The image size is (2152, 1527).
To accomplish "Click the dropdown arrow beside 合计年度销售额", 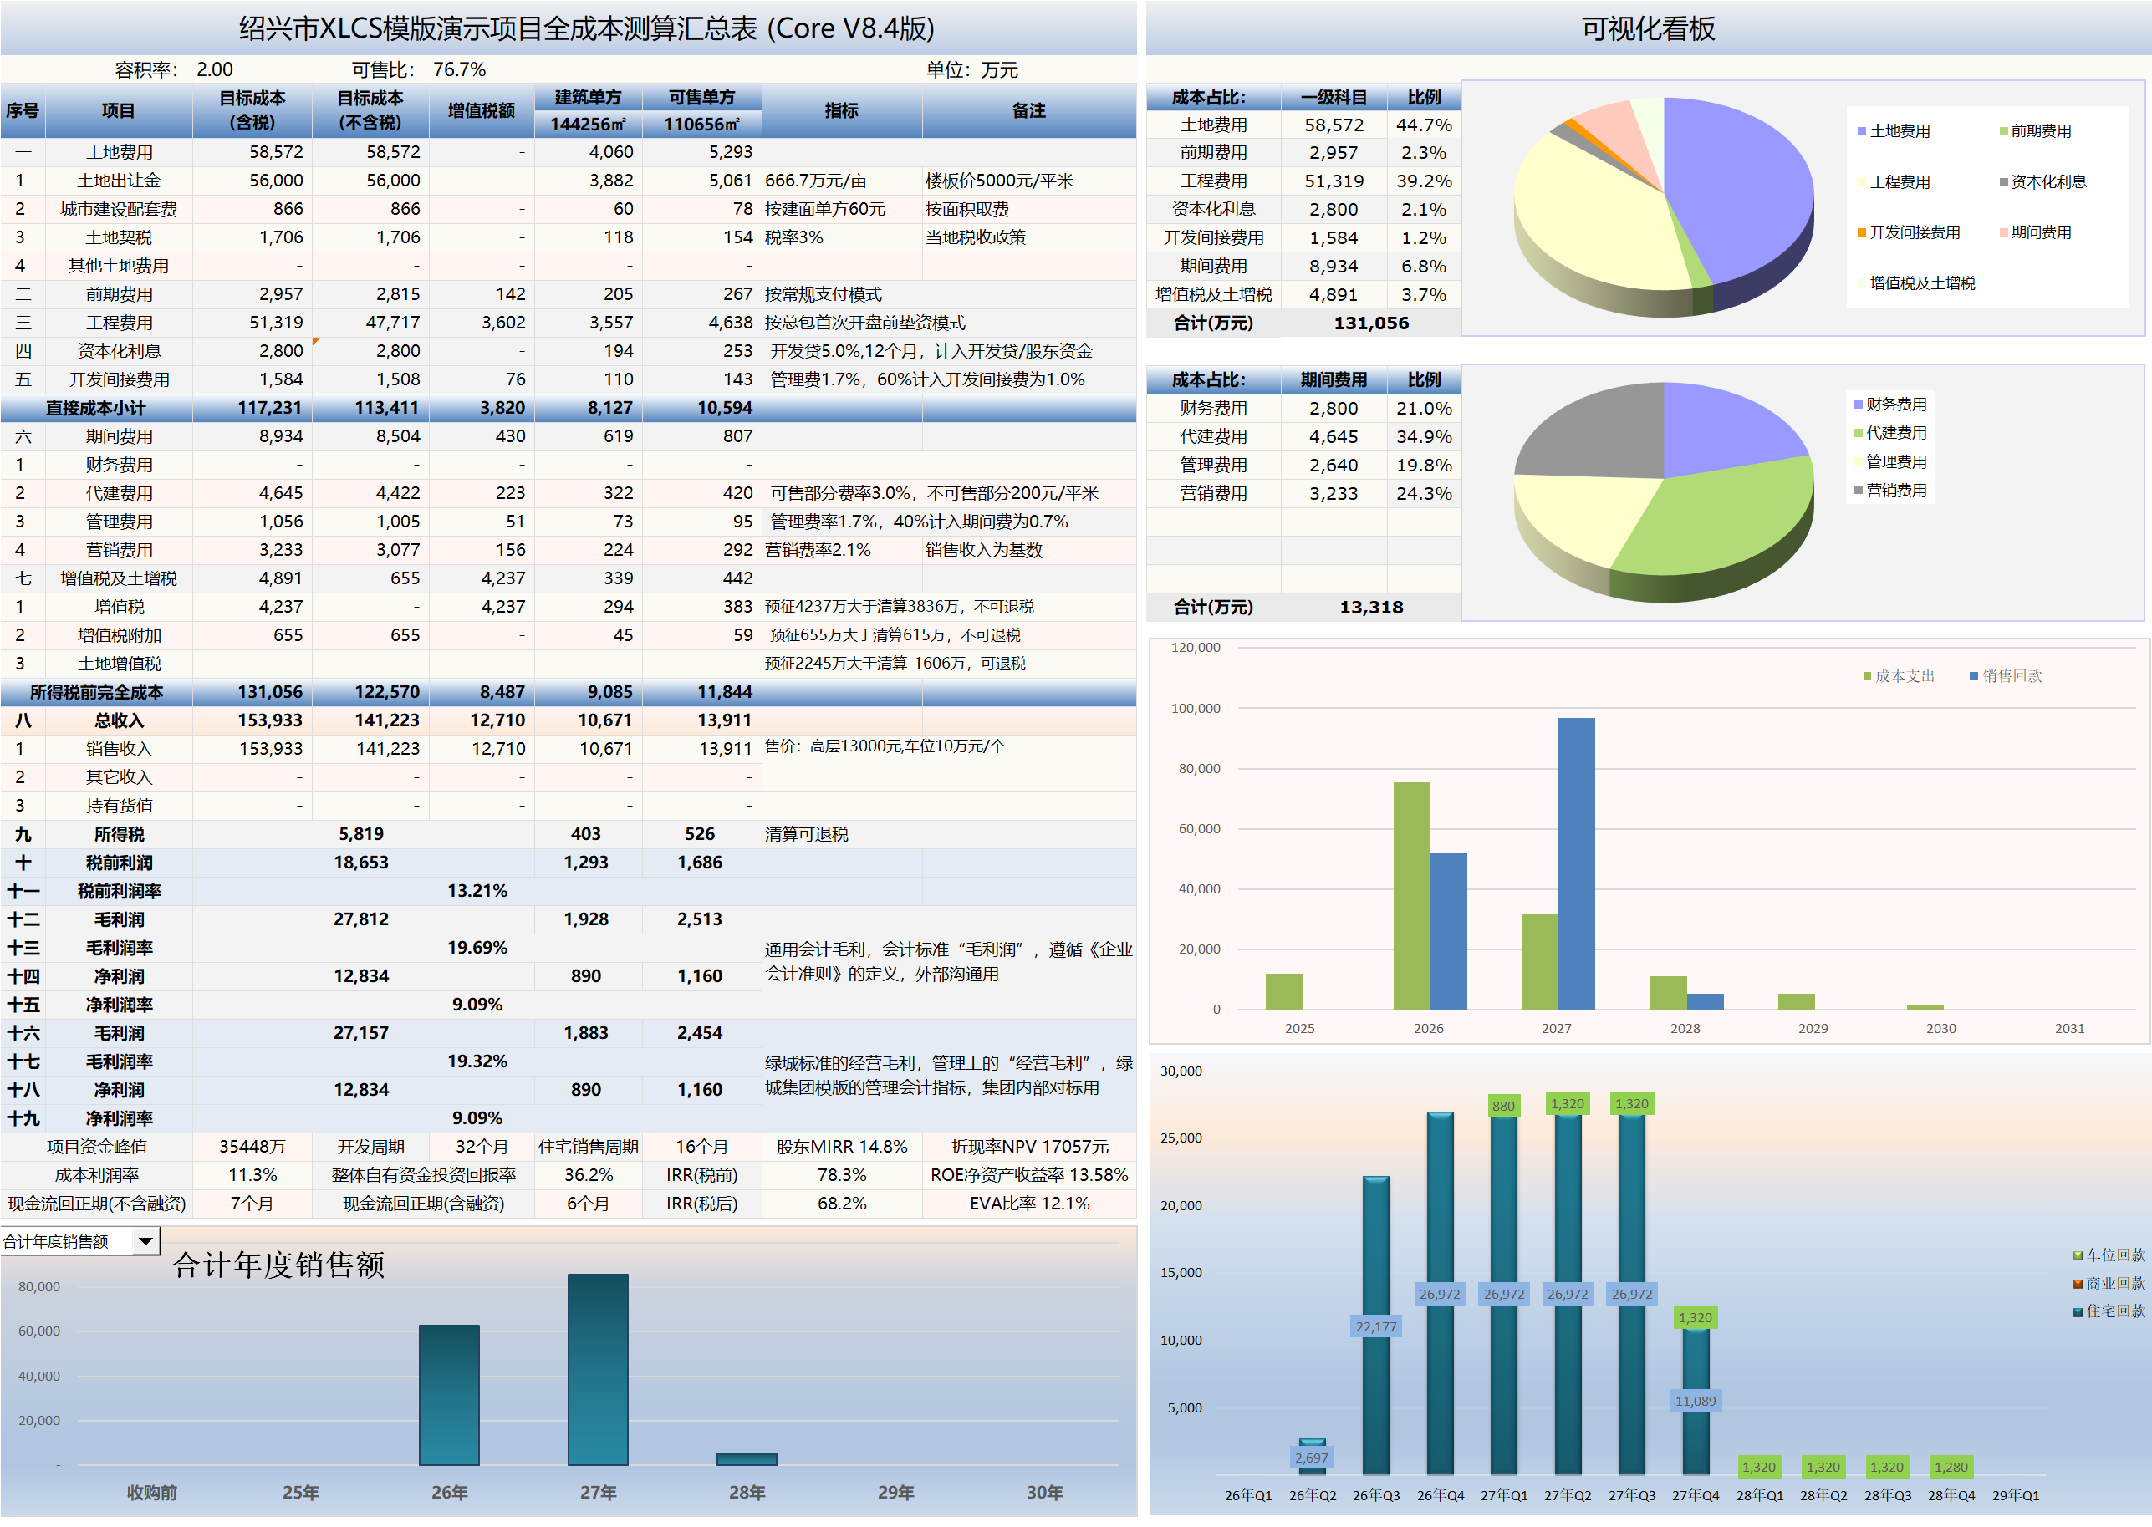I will coord(145,1241).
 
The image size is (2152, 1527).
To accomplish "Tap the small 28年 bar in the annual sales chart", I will coord(747,1458).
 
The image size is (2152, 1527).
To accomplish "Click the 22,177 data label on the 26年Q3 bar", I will coord(1375,1326).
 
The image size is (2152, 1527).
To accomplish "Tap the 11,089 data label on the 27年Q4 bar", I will coord(1695,1401).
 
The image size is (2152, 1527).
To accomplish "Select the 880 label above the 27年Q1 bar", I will coord(1503,1106).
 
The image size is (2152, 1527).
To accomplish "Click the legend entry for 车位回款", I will coord(2109,1255).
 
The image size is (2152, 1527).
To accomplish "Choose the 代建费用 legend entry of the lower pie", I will coord(1895,433).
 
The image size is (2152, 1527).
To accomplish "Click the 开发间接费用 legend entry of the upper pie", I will coord(1913,232).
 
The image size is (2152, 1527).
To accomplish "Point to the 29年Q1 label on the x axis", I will coord(2015,1495).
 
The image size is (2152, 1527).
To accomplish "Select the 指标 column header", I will coord(841,111).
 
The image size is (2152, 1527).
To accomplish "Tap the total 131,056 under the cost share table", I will coord(1370,323).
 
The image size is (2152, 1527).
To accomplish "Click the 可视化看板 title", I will coord(1648,29).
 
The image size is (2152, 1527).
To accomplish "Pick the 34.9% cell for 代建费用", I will coord(1423,437).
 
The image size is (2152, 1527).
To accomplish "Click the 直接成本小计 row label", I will coord(96,408).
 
